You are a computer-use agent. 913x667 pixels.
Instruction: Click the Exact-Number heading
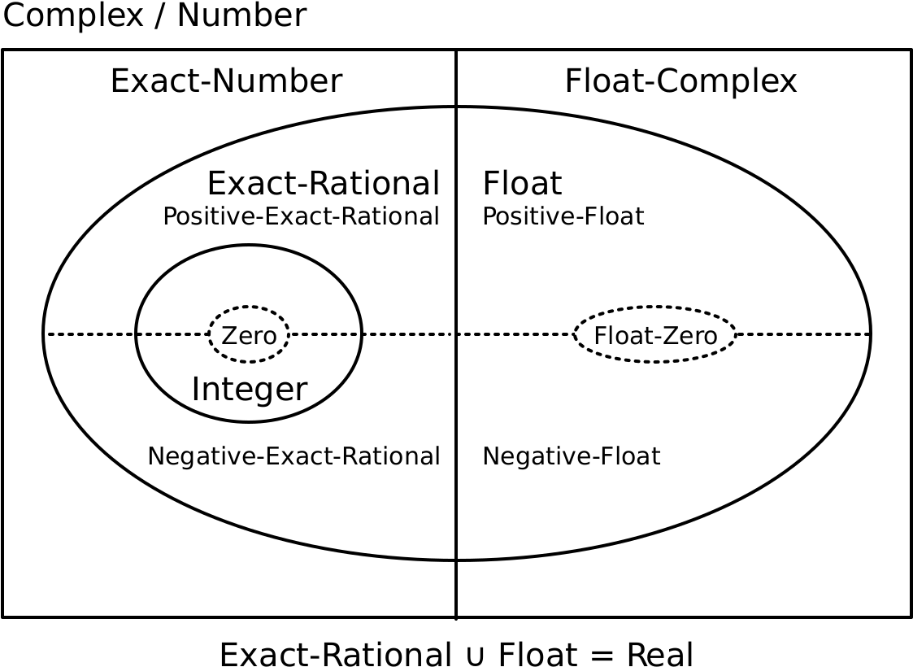(226, 82)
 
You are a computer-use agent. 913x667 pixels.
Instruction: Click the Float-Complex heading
(680, 82)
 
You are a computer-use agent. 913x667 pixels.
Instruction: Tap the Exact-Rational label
(323, 184)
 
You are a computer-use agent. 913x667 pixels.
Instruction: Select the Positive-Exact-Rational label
(301, 216)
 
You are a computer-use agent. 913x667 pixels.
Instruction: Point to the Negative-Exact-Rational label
(293, 456)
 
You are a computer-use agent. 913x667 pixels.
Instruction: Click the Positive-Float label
(563, 216)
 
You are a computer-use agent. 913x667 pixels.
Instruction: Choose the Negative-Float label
(571, 456)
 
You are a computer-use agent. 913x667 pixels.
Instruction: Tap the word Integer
(249, 390)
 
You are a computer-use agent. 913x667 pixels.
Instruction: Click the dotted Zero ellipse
(249, 335)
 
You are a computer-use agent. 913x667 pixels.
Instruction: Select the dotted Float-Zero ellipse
(655, 335)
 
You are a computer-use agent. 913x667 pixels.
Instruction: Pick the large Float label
(522, 184)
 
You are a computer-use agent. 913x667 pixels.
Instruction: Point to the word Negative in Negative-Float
(528, 456)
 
